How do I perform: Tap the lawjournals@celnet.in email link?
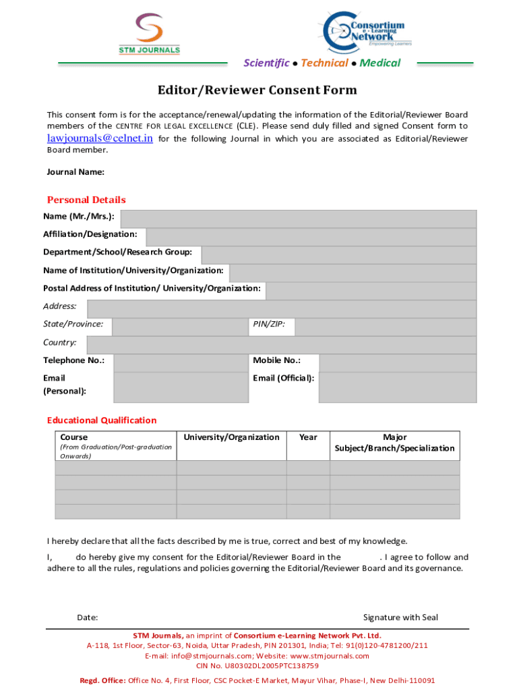[100, 138]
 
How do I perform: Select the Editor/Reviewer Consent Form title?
[257, 90]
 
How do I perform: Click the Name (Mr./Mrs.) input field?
[298, 219]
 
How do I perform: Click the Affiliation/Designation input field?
[311, 237]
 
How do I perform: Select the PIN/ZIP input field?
[386, 327]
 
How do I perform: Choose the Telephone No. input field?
[179, 363]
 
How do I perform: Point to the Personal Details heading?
[86, 200]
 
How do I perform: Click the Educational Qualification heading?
[102, 420]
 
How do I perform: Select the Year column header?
[308, 437]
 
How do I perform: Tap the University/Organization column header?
[231, 437]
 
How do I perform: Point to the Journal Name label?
[75, 172]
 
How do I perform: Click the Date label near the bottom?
[88, 617]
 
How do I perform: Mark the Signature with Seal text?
[400, 617]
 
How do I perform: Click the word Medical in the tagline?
[380, 63]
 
